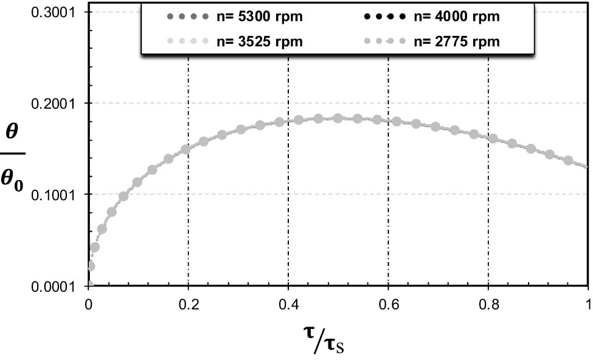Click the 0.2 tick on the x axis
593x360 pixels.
point(189,302)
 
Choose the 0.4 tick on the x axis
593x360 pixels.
point(288,302)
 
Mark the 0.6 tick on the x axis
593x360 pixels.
point(388,302)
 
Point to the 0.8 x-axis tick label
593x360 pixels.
point(488,302)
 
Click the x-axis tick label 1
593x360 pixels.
point(588,302)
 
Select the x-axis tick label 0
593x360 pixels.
point(89,302)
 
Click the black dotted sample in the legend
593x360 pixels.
point(390,16)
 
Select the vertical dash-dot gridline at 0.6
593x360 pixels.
point(388,182)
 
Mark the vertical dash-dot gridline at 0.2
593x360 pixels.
point(189,213)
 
